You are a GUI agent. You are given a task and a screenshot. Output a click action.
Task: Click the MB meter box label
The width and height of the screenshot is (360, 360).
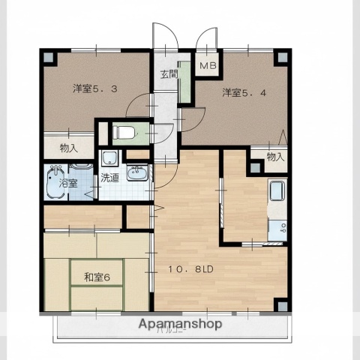[x=208, y=66]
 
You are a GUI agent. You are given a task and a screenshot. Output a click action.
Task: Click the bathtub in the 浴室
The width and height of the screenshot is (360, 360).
[x=57, y=182]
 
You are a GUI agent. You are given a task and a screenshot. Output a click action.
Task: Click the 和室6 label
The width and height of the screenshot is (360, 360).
[x=97, y=277]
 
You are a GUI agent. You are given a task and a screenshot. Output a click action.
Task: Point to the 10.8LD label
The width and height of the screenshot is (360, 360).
[x=193, y=268]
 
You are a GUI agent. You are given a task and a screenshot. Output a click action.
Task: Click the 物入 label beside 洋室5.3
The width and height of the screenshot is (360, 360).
[x=68, y=148]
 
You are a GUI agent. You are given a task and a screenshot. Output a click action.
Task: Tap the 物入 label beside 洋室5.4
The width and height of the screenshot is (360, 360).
[x=275, y=157]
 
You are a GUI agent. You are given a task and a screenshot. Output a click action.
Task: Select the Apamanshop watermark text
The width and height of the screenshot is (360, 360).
[x=180, y=325]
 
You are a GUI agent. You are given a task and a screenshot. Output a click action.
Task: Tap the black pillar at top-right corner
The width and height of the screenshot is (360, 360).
[x=281, y=58]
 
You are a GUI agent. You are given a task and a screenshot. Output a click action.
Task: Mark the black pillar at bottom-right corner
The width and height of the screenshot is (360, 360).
[x=280, y=304]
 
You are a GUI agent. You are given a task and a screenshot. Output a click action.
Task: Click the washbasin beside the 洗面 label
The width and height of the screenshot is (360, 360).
[x=136, y=174]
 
